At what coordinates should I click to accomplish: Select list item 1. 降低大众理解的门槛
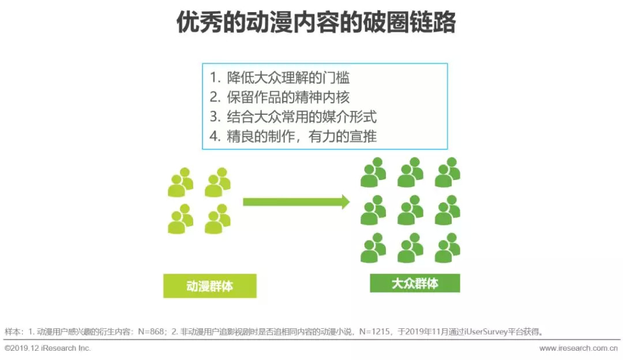[x=280, y=77]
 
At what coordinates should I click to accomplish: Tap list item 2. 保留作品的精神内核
[x=280, y=97]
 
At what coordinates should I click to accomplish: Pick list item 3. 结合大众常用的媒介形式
[x=293, y=117]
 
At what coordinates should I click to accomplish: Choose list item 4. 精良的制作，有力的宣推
[x=293, y=137]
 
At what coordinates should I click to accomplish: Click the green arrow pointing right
[x=297, y=202]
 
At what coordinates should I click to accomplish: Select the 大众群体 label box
[x=415, y=283]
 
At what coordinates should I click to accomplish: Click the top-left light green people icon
[x=181, y=182]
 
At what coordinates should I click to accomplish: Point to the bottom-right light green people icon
[x=217, y=219]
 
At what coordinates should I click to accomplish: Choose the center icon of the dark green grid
[x=410, y=210]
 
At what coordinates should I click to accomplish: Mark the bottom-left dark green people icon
[x=373, y=248]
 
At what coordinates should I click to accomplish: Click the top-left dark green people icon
[x=373, y=172]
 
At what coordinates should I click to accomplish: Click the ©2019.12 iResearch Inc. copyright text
[x=48, y=348]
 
